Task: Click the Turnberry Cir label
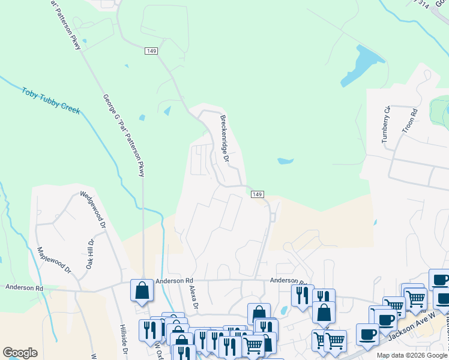pos(386,124)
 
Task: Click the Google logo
pos(19,353)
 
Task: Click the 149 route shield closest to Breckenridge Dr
pos(257,194)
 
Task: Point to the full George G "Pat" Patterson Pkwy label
pos(124,135)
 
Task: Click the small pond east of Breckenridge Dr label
pos(285,161)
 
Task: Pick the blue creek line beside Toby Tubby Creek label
pos(90,126)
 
